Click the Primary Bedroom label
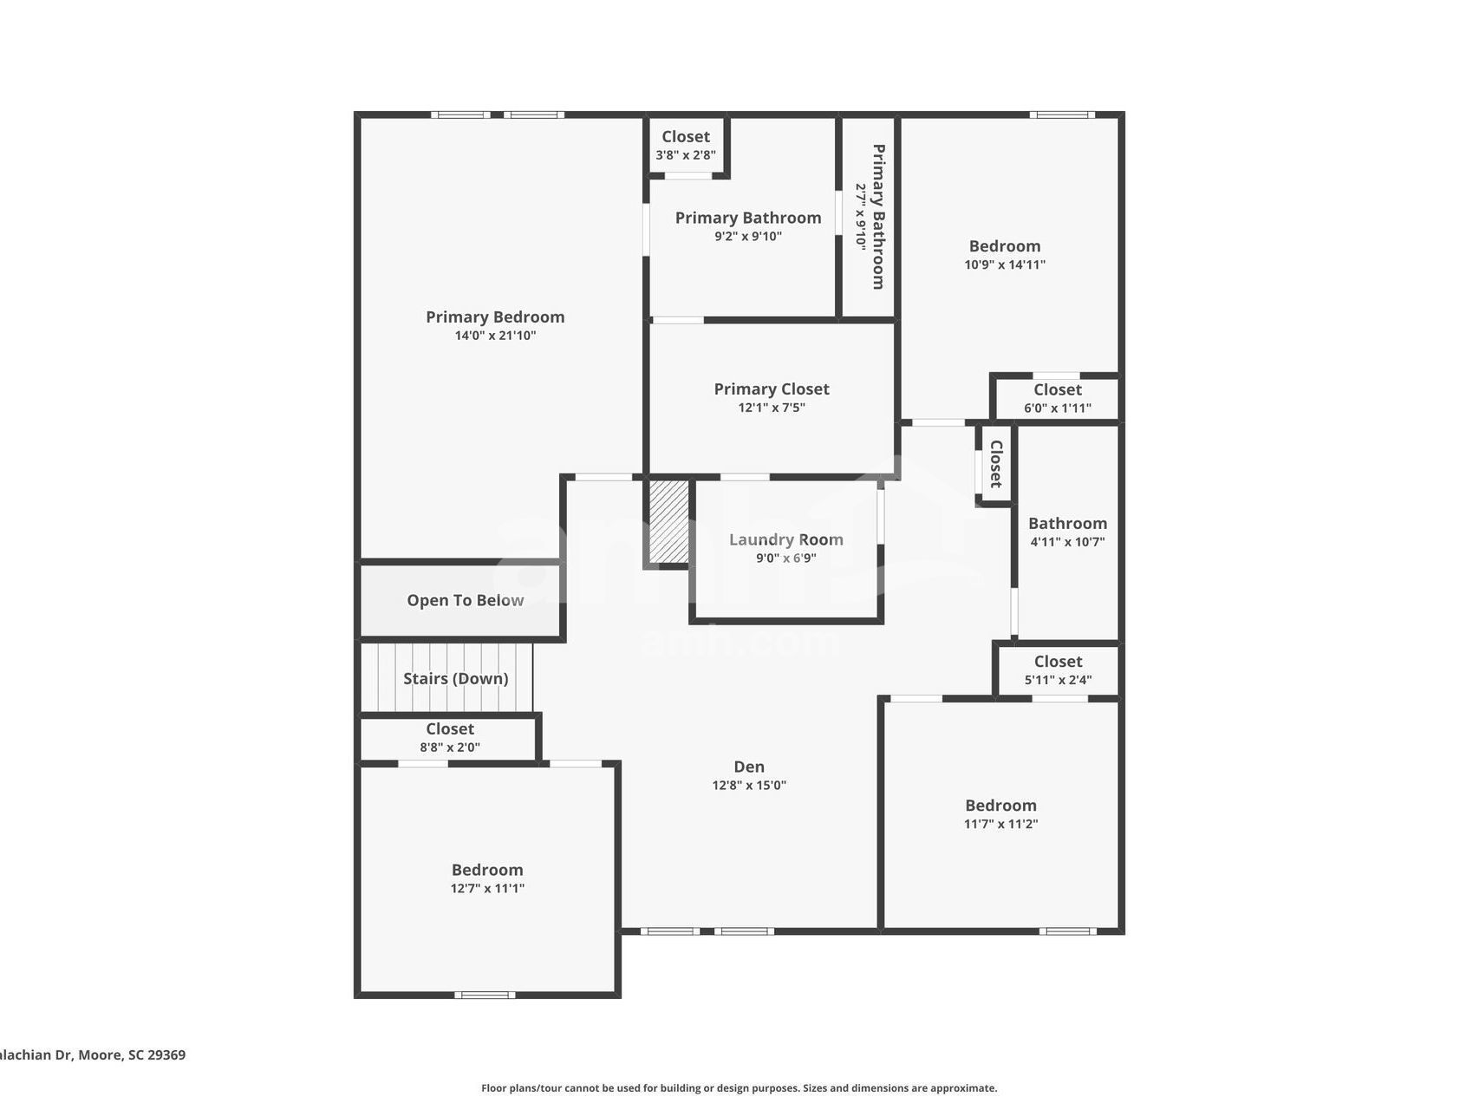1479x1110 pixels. pyautogui.click(x=495, y=317)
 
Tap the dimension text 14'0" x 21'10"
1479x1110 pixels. pyautogui.click(x=495, y=336)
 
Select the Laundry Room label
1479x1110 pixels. pyautogui.click(x=785, y=539)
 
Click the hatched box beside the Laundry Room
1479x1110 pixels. pyautogui.click(x=669, y=522)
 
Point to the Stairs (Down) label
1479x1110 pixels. pyautogui.click(x=455, y=678)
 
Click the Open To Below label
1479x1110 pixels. pyautogui.click(x=465, y=600)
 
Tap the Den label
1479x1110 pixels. pyautogui.click(x=749, y=767)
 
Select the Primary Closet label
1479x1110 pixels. pyautogui.click(x=771, y=389)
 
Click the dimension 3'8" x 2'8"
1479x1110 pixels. pyautogui.click(x=685, y=155)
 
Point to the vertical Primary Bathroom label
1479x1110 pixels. pyautogui.click(x=878, y=217)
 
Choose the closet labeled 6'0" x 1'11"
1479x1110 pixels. pyautogui.click(x=1057, y=398)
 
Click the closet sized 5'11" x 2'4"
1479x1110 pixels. pyautogui.click(x=1058, y=670)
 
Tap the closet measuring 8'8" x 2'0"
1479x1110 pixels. pyautogui.click(x=449, y=738)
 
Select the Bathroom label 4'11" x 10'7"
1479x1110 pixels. pyautogui.click(x=1067, y=532)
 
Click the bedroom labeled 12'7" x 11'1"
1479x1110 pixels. pyautogui.click(x=486, y=878)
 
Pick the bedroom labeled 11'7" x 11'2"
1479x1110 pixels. pyautogui.click(x=1000, y=813)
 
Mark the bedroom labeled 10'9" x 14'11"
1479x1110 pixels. pyautogui.click(x=1004, y=255)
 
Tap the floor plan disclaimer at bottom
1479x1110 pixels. pyautogui.click(x=739, y=1088)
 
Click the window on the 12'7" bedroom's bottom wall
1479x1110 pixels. pyautogui.click(x=485, y=995)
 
